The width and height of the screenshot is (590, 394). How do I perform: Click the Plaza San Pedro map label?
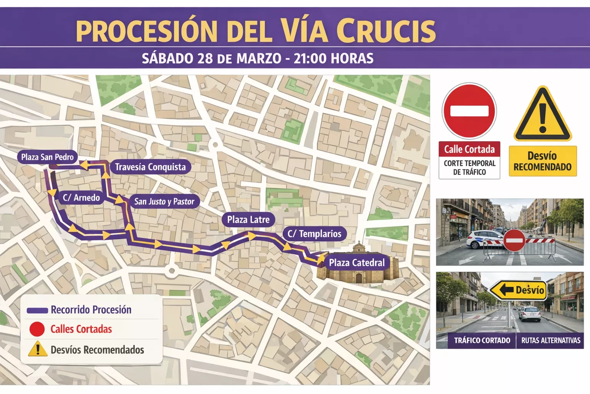point(47,157)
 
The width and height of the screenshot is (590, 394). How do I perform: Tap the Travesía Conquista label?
point(150,167)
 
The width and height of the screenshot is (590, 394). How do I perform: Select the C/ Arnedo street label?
point(81,198)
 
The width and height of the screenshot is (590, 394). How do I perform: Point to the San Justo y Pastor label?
point(164,202)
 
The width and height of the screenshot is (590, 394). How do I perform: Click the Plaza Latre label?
point(248,220)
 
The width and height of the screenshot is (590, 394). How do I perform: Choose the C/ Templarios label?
point(314,234)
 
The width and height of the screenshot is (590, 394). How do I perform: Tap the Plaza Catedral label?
point(356,263)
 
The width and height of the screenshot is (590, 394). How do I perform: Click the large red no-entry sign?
point(469,111)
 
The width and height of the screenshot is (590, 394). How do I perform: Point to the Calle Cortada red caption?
point(469,149)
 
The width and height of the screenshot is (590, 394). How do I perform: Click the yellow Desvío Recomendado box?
point(542,161)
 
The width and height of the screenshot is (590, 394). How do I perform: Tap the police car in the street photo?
point(482,239)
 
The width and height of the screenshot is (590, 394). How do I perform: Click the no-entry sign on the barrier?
point(514,241)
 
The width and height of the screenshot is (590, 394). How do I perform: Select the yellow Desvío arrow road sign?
point(518,290)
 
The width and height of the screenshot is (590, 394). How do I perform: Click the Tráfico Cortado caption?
point(482,341)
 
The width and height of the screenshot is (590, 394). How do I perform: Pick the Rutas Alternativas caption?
point(550,341)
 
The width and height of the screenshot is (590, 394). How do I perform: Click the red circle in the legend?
point(37,329)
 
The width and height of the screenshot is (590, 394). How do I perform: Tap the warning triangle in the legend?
point(38,349)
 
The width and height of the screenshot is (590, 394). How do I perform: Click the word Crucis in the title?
point(386,31)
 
